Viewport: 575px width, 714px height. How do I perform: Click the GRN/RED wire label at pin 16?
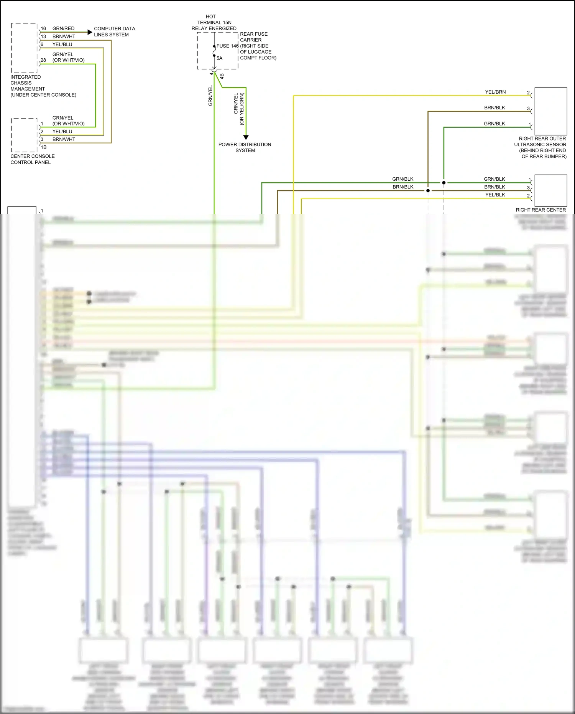click(63, 28)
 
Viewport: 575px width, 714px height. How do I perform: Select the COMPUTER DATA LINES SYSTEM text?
click(114, 31)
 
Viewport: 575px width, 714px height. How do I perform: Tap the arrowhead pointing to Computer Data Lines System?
click(90, 32)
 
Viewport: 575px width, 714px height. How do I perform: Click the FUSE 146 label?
click(227, 46)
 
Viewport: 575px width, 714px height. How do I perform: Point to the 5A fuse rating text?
click(219, 58)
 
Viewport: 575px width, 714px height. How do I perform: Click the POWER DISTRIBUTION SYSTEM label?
click(245, 147)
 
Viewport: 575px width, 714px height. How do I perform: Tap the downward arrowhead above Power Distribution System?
click(246, 137)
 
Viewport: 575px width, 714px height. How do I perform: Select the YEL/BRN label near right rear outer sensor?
click(495, 92)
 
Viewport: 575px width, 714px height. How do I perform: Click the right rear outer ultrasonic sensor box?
click(550, 111)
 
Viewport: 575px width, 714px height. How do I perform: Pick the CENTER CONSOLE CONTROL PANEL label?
click(32, 159)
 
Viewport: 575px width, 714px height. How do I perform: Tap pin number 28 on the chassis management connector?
click(43, 60)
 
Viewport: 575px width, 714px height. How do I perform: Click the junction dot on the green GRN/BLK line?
click(444, 183)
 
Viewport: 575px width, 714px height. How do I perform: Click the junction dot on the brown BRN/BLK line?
click(428, 191)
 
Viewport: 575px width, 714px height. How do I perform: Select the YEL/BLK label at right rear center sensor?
click(495, 195)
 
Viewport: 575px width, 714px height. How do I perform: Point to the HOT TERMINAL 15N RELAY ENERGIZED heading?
click(214, 23)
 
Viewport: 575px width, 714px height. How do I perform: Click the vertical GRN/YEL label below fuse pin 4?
click(210, 96)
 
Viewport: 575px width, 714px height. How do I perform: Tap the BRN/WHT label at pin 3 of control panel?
click(64, 139)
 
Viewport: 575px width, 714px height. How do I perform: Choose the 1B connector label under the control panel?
click(44, 147)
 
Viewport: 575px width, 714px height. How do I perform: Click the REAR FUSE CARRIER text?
click(253, 37)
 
